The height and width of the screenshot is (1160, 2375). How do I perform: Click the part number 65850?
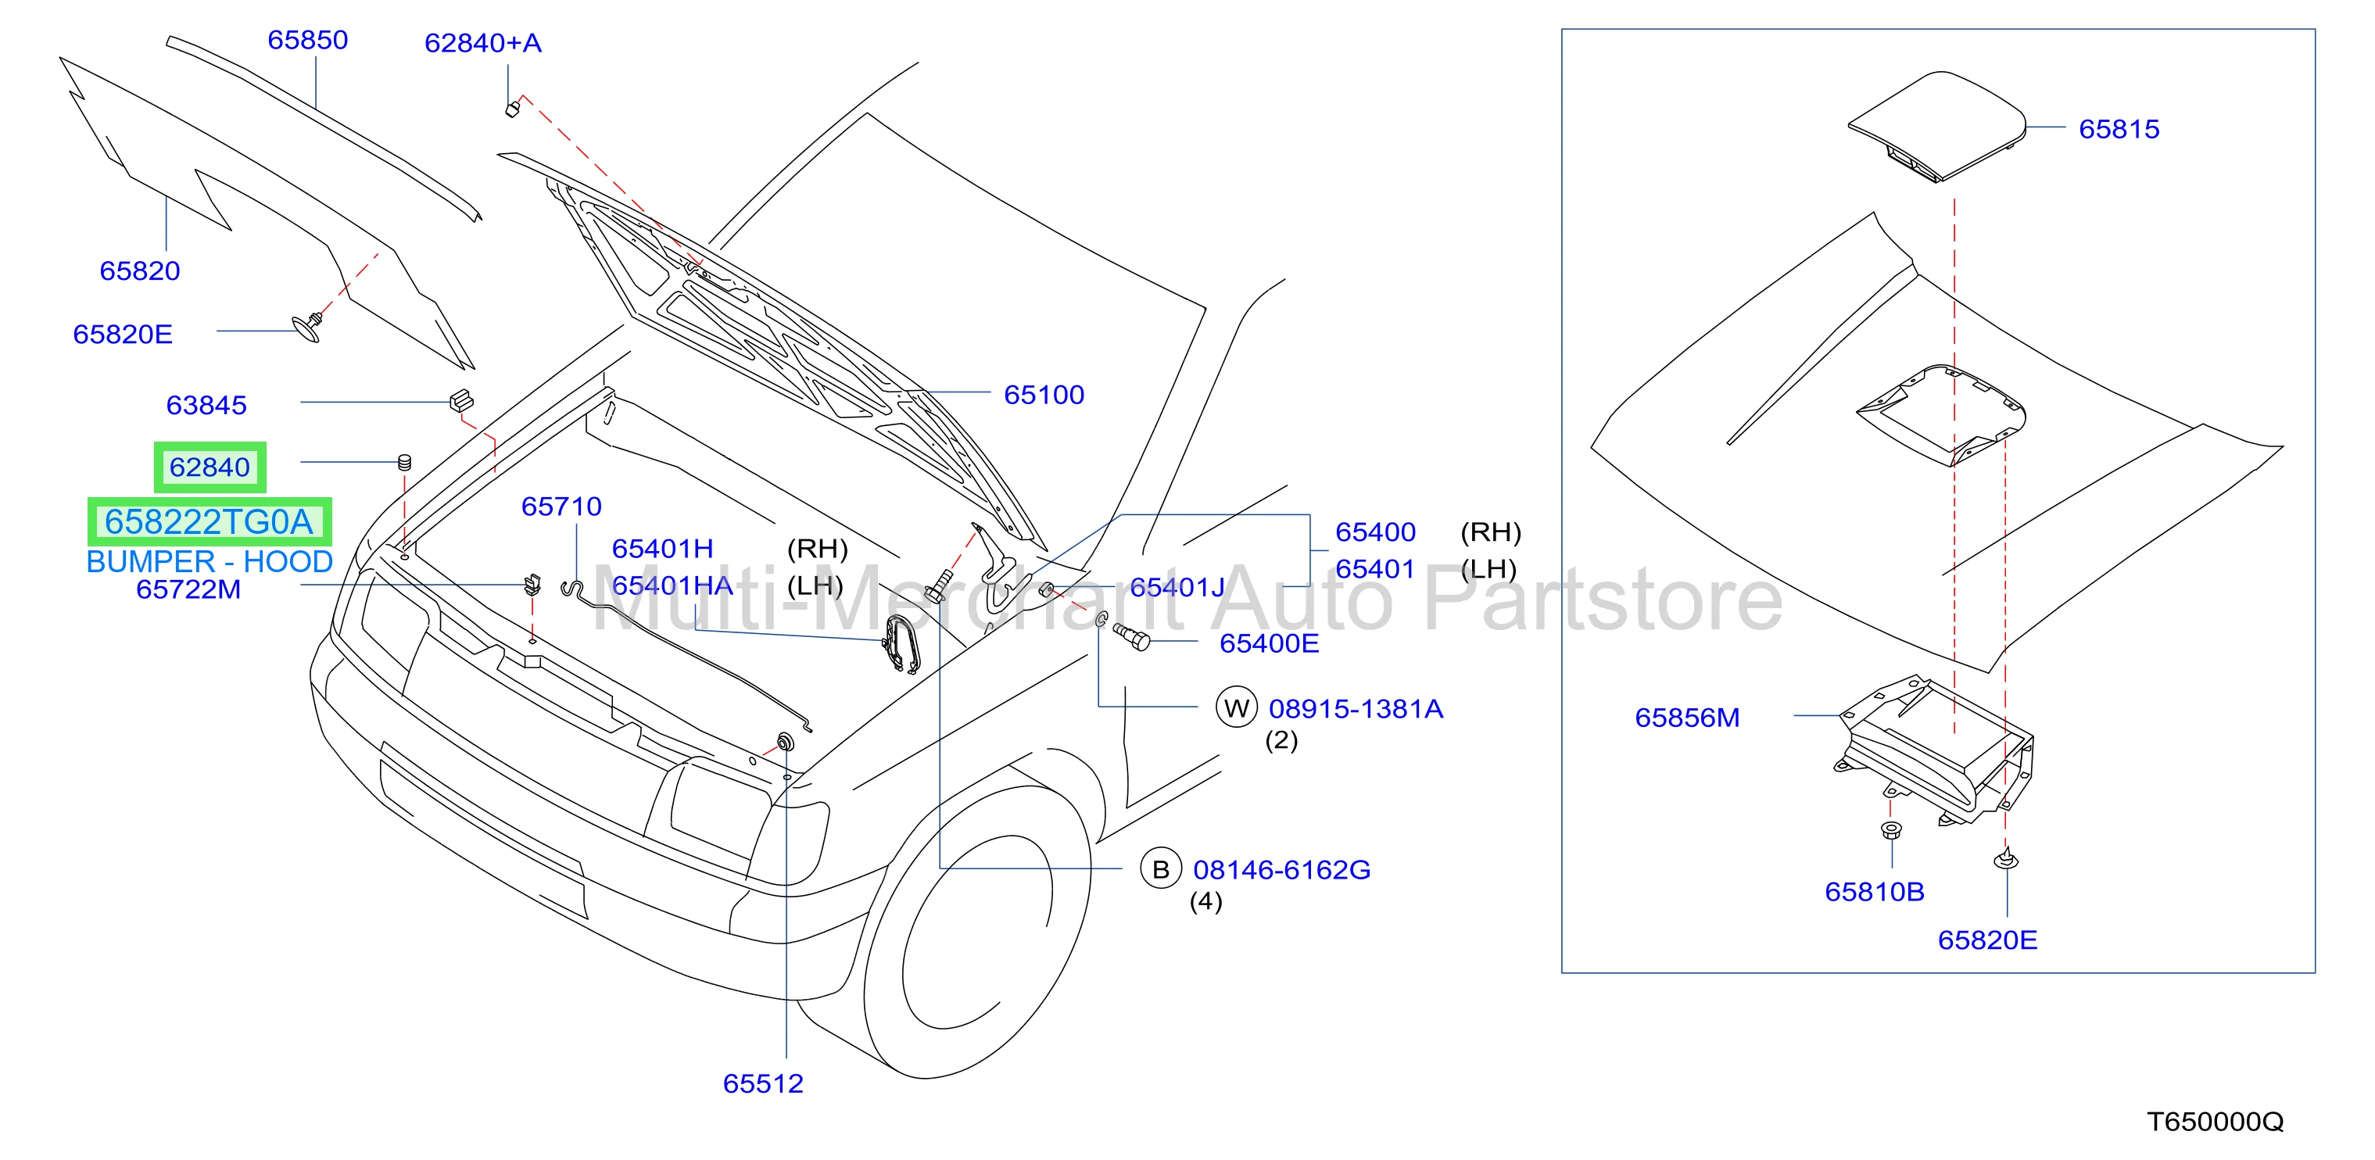tap(307, 40)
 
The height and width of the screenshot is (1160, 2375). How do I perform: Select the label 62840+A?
tap(482, 42)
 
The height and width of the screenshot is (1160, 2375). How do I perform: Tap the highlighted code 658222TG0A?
tap(210, 522)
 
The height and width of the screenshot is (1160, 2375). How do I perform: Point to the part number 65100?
tap(1044, 395)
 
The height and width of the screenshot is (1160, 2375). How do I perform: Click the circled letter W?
tap(1237, 708)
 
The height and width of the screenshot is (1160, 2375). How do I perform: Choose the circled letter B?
tap(1161, 868)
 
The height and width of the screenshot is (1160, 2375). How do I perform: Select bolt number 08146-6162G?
tap(1281, 869)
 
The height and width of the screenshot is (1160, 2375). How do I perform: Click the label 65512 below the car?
tap(762, 1083)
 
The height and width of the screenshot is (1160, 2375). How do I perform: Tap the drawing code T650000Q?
tap(2216, 1121)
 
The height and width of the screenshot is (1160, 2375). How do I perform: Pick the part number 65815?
tap(2119, 129)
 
